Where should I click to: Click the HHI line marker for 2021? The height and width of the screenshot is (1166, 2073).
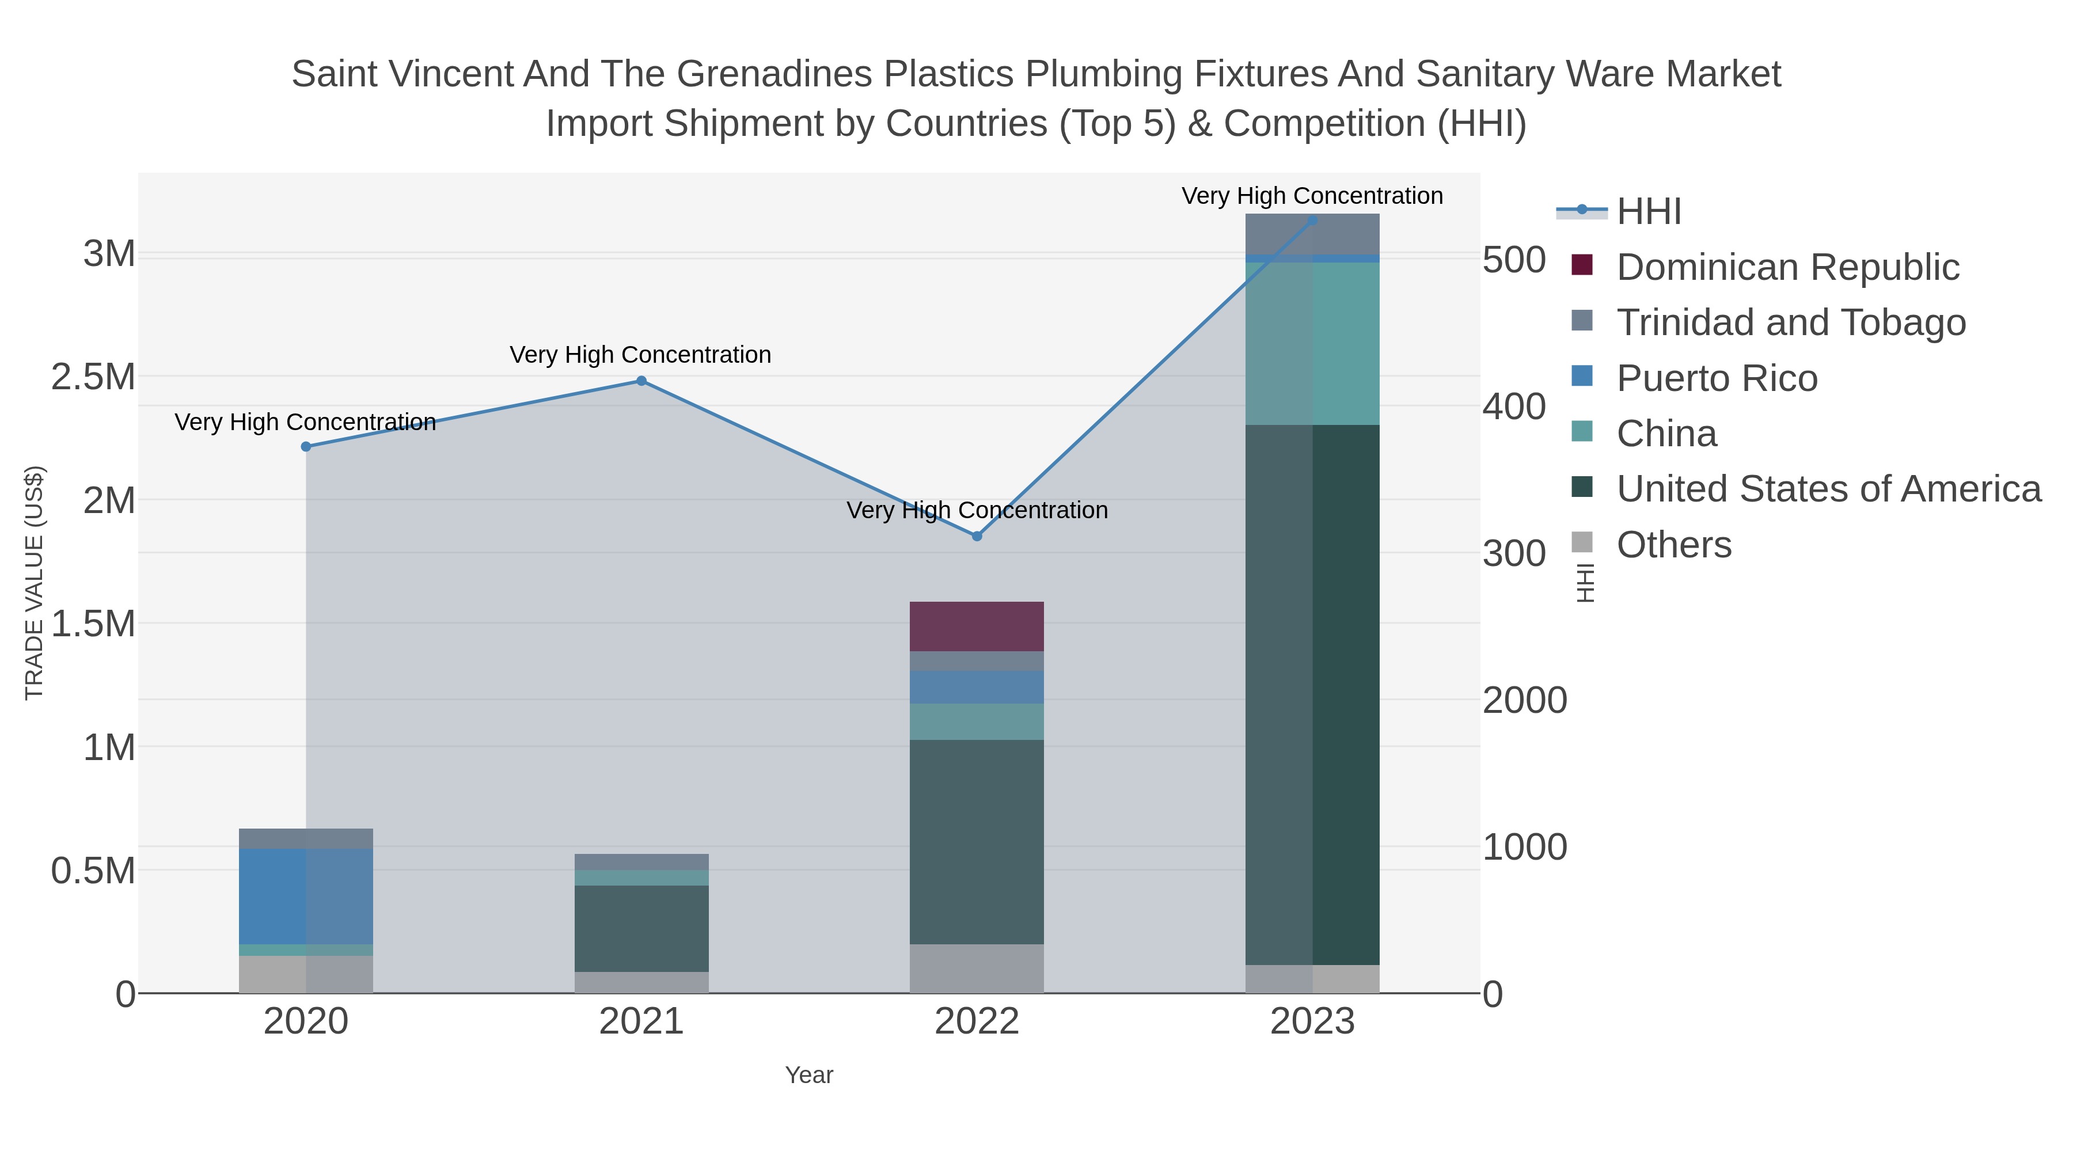pyautogui.click(x=641, y=381)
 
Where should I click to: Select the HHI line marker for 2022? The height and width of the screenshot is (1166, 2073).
pyautogui.click(x=977, y=536)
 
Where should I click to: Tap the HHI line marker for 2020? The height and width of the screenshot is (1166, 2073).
pyautogui.click(x=306, y=447)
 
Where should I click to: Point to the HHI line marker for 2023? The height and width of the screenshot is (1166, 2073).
pyautogui.click(x=1312, y=220)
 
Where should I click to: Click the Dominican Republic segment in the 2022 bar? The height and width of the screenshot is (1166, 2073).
pyautogui.click(x=977, y=626)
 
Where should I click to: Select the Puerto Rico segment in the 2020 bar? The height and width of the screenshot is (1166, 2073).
pyautogui.click(x=306, y=897)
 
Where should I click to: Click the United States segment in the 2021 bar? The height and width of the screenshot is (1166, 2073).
pyautogui.click(x=641, y=929)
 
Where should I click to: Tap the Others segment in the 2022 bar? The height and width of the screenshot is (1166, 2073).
pyautogui.click(x=977, y=969)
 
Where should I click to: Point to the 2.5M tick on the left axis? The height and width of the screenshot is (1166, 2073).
pyautogui.click(x=93, y=377)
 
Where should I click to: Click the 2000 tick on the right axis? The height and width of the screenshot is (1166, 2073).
pyautogui.click(x=1525, y=700)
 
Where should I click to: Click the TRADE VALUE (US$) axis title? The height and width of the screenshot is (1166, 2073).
pyautogui.click(x=35, y=583)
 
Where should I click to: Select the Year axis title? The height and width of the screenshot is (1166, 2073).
pyautogui.click(x=810, y=1075)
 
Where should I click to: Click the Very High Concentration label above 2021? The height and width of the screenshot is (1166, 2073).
pyautogui.click(x=640, y=355)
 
